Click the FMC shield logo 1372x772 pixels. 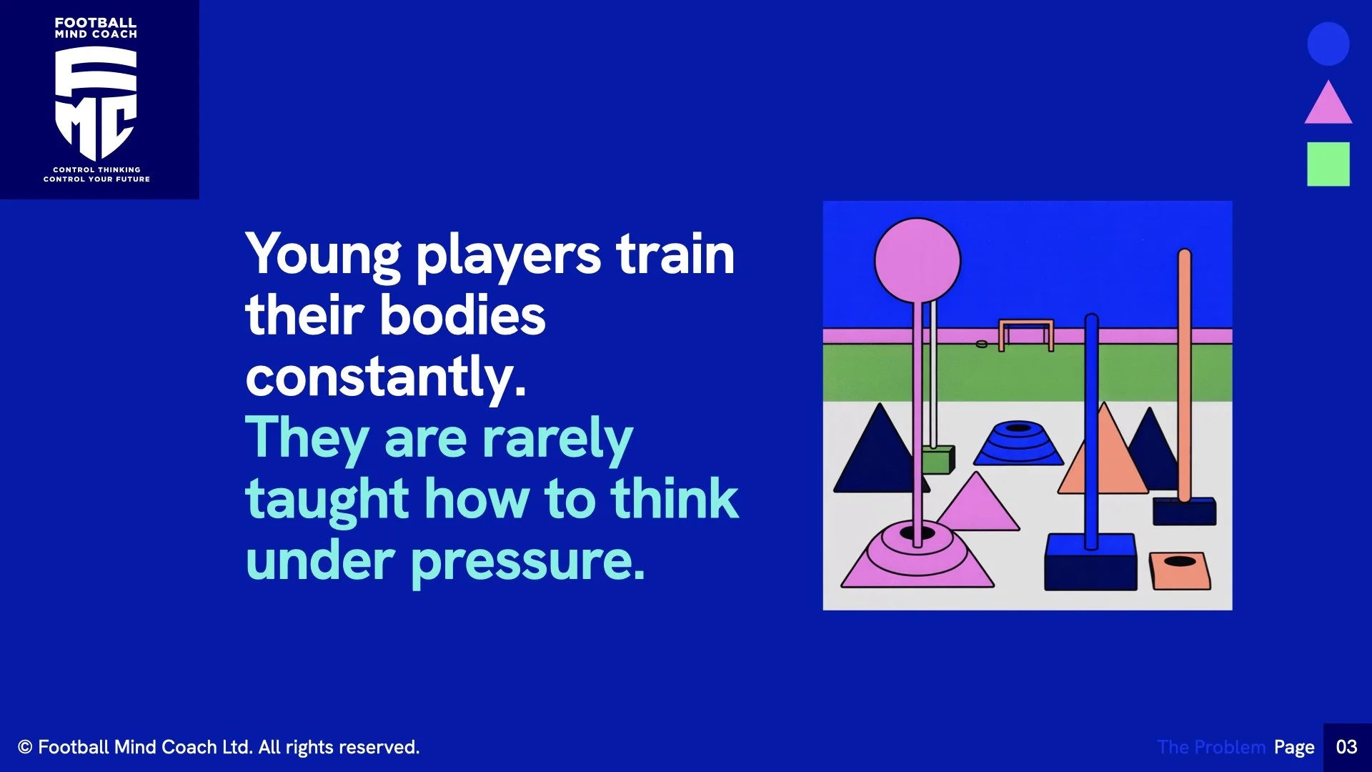pos(96,103)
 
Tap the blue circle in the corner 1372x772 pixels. pos(1328,44)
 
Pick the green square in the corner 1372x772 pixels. pos(1328,164)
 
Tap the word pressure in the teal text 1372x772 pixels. pos(527,562)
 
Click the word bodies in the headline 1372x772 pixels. pos(462,315)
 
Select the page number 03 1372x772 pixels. pos(1346,747)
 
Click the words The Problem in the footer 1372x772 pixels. pos(1211,747)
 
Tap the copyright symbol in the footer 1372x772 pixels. pos(25,747)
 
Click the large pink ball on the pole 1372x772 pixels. pos(918,261)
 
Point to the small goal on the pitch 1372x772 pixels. pos(1026,334)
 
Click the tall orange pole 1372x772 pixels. pos(1184,372)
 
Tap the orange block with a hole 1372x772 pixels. pos(1180,570)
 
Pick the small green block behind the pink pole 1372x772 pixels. pos(938,459)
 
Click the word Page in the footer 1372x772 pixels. pos(1293,747)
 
